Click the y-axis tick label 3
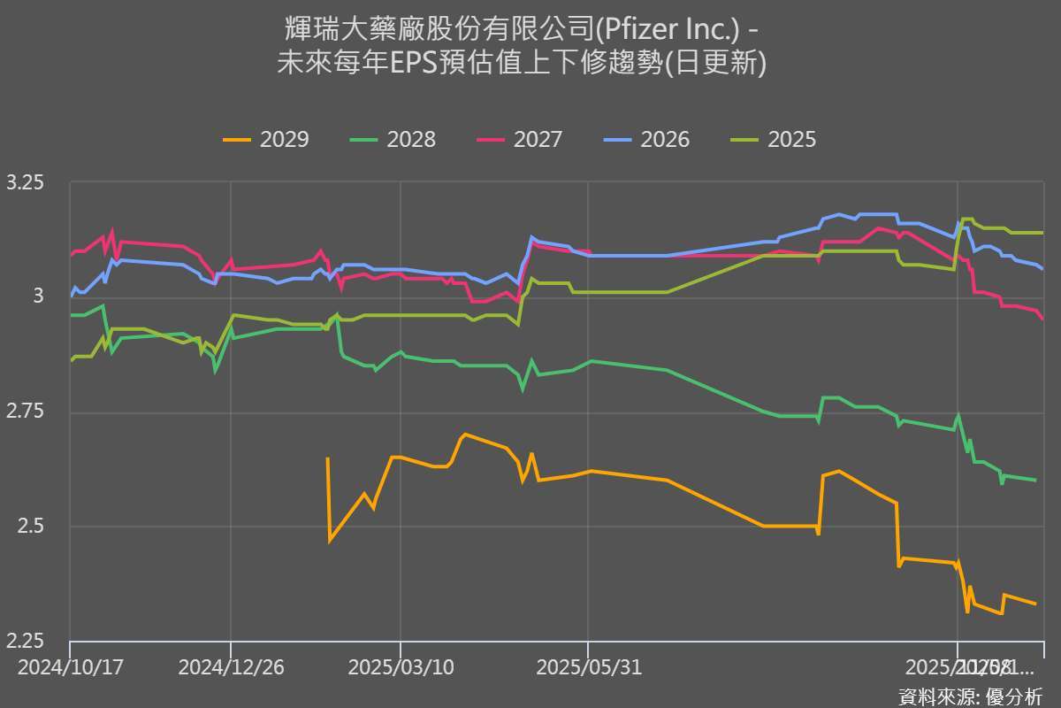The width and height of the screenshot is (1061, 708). coord(37,298)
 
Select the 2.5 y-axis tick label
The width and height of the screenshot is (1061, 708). coord(30,527)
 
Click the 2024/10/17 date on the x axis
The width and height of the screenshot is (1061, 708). coord(70,666)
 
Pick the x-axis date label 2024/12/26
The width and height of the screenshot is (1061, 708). coord(231,666)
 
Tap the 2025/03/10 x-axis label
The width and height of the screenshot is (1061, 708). coord(401,666)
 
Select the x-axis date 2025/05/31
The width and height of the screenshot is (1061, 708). coord(588,666)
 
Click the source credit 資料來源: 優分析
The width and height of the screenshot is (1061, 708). coord(970,696)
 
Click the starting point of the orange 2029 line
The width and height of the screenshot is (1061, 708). coord(328,458)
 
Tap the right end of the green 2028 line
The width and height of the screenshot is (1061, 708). coord(1035,480)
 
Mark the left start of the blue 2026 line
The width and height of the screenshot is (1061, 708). coord(71,296)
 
